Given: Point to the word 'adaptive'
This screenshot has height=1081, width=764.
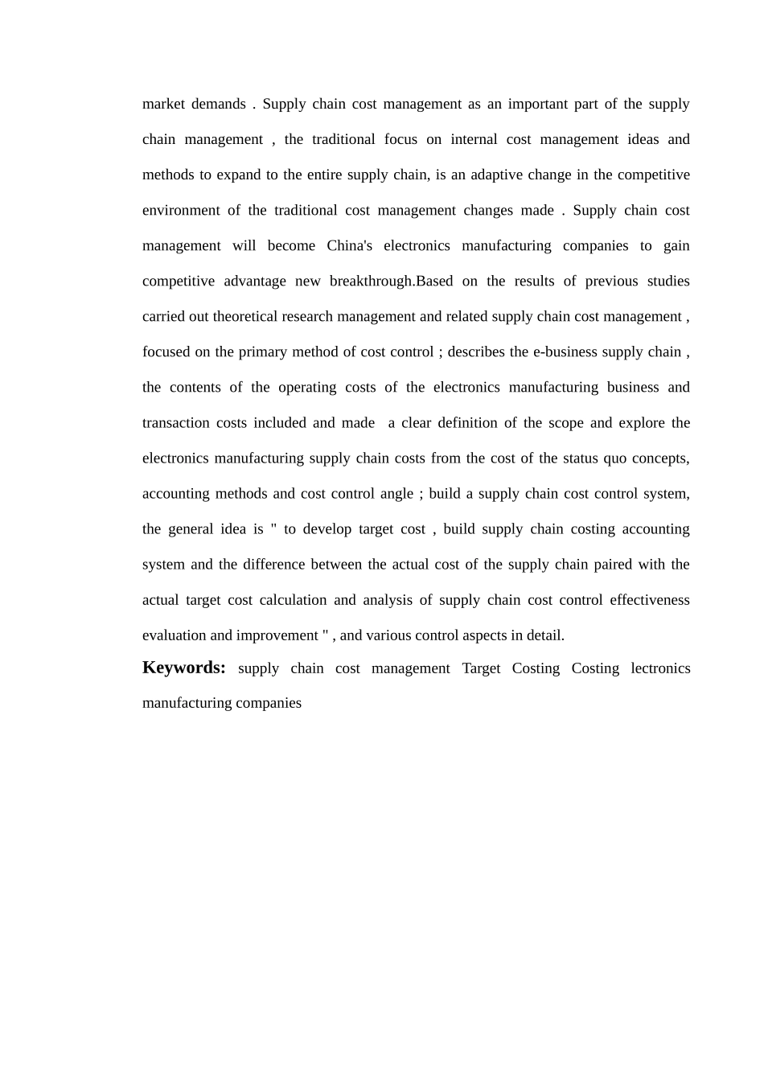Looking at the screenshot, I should coord(495,175).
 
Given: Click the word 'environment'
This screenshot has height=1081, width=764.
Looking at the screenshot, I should coord(181,210).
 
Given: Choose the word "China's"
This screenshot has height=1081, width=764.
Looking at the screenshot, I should coord(350,245).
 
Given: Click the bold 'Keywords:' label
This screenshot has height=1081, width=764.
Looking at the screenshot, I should coord(184,668).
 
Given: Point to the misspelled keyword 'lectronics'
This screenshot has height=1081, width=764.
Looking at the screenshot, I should coord(660,668).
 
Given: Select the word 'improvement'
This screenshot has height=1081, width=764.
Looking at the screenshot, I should coord(277,635).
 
